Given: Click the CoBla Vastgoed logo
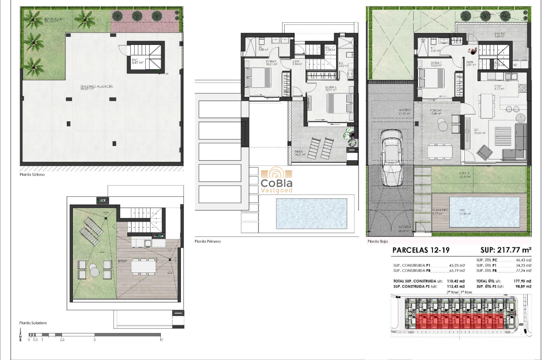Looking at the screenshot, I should (276, 180).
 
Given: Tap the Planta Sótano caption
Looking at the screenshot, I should (32, 175).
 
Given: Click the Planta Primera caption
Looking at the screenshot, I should (207, 241).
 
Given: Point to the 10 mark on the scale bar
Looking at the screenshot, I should (161, 339).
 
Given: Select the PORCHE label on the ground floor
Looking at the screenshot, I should (436, 110).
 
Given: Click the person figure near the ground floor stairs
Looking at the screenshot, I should (472, 51).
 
